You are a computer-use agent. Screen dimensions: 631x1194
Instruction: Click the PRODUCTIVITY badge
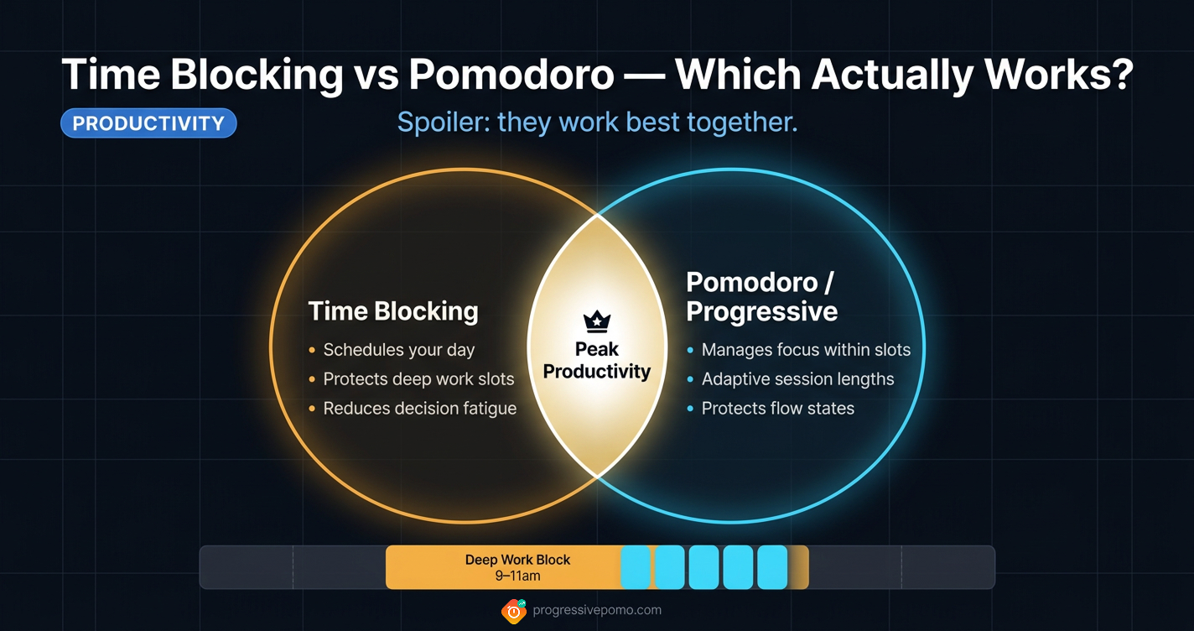coord(148,123)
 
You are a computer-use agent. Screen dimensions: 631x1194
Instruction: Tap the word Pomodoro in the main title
coord(511,75)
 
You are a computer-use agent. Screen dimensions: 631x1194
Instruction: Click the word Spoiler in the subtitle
coord(441,123)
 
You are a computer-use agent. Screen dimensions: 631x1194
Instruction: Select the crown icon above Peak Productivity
coord(596,321)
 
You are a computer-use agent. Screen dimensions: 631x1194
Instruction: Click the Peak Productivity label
coord(597,360)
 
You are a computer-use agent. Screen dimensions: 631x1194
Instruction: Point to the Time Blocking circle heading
coord(393,311)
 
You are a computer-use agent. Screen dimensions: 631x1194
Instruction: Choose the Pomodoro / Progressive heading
coord(761,297)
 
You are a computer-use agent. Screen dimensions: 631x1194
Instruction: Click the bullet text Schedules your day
coord(399,350)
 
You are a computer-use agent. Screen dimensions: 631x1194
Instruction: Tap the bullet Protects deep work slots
coord(418,379)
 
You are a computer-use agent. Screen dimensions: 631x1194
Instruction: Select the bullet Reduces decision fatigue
coord(420,409)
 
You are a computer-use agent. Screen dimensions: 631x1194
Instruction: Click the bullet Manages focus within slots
coord(806,350)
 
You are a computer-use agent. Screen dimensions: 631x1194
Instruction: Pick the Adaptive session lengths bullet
coord(797,379)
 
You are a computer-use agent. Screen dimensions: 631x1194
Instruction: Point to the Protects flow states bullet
coord(777,409)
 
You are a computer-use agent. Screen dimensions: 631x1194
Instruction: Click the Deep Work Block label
coord(517,560)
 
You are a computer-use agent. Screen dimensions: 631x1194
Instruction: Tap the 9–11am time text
coord(517,576)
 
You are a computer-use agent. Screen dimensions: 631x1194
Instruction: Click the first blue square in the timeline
coord(636,567)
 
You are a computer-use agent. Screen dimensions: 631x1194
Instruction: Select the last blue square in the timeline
coord(772,567)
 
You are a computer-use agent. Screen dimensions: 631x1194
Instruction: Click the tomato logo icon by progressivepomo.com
coord(514,611)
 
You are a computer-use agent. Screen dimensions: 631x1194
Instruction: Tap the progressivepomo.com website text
coord(597,610)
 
